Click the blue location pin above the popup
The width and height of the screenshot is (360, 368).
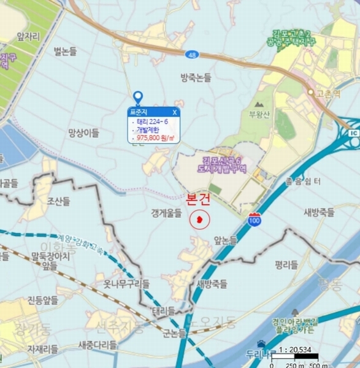pyautogui.click(x=138, y=97)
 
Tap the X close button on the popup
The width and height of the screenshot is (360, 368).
pyautogui.click(x=175, y=112)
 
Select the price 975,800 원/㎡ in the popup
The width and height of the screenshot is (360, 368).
pyautogui.click(x=156, y=139)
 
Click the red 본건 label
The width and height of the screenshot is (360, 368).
pyautogui.click(x=198, y=199)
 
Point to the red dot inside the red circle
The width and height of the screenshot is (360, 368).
pyautogui.click(x=199, y=219)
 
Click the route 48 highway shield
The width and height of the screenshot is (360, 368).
pyautogui.click(x=193, y=55)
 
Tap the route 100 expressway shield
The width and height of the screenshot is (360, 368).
pyautogui.click(x=255, y=219)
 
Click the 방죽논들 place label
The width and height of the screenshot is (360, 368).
pyautogui.click(x=196, y=78)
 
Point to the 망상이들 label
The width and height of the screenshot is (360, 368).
pyautogui.click(x=83, y=132)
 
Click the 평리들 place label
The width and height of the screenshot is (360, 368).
pyautogui.click(x=286, y=265)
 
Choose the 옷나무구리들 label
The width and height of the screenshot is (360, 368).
pyautogui.click(x=126, y=283)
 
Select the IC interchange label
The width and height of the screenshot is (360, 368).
pyautogui.click(x=354, y=132)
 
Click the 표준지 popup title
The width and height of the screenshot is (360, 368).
pyautogui.click(x=138, y=112)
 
